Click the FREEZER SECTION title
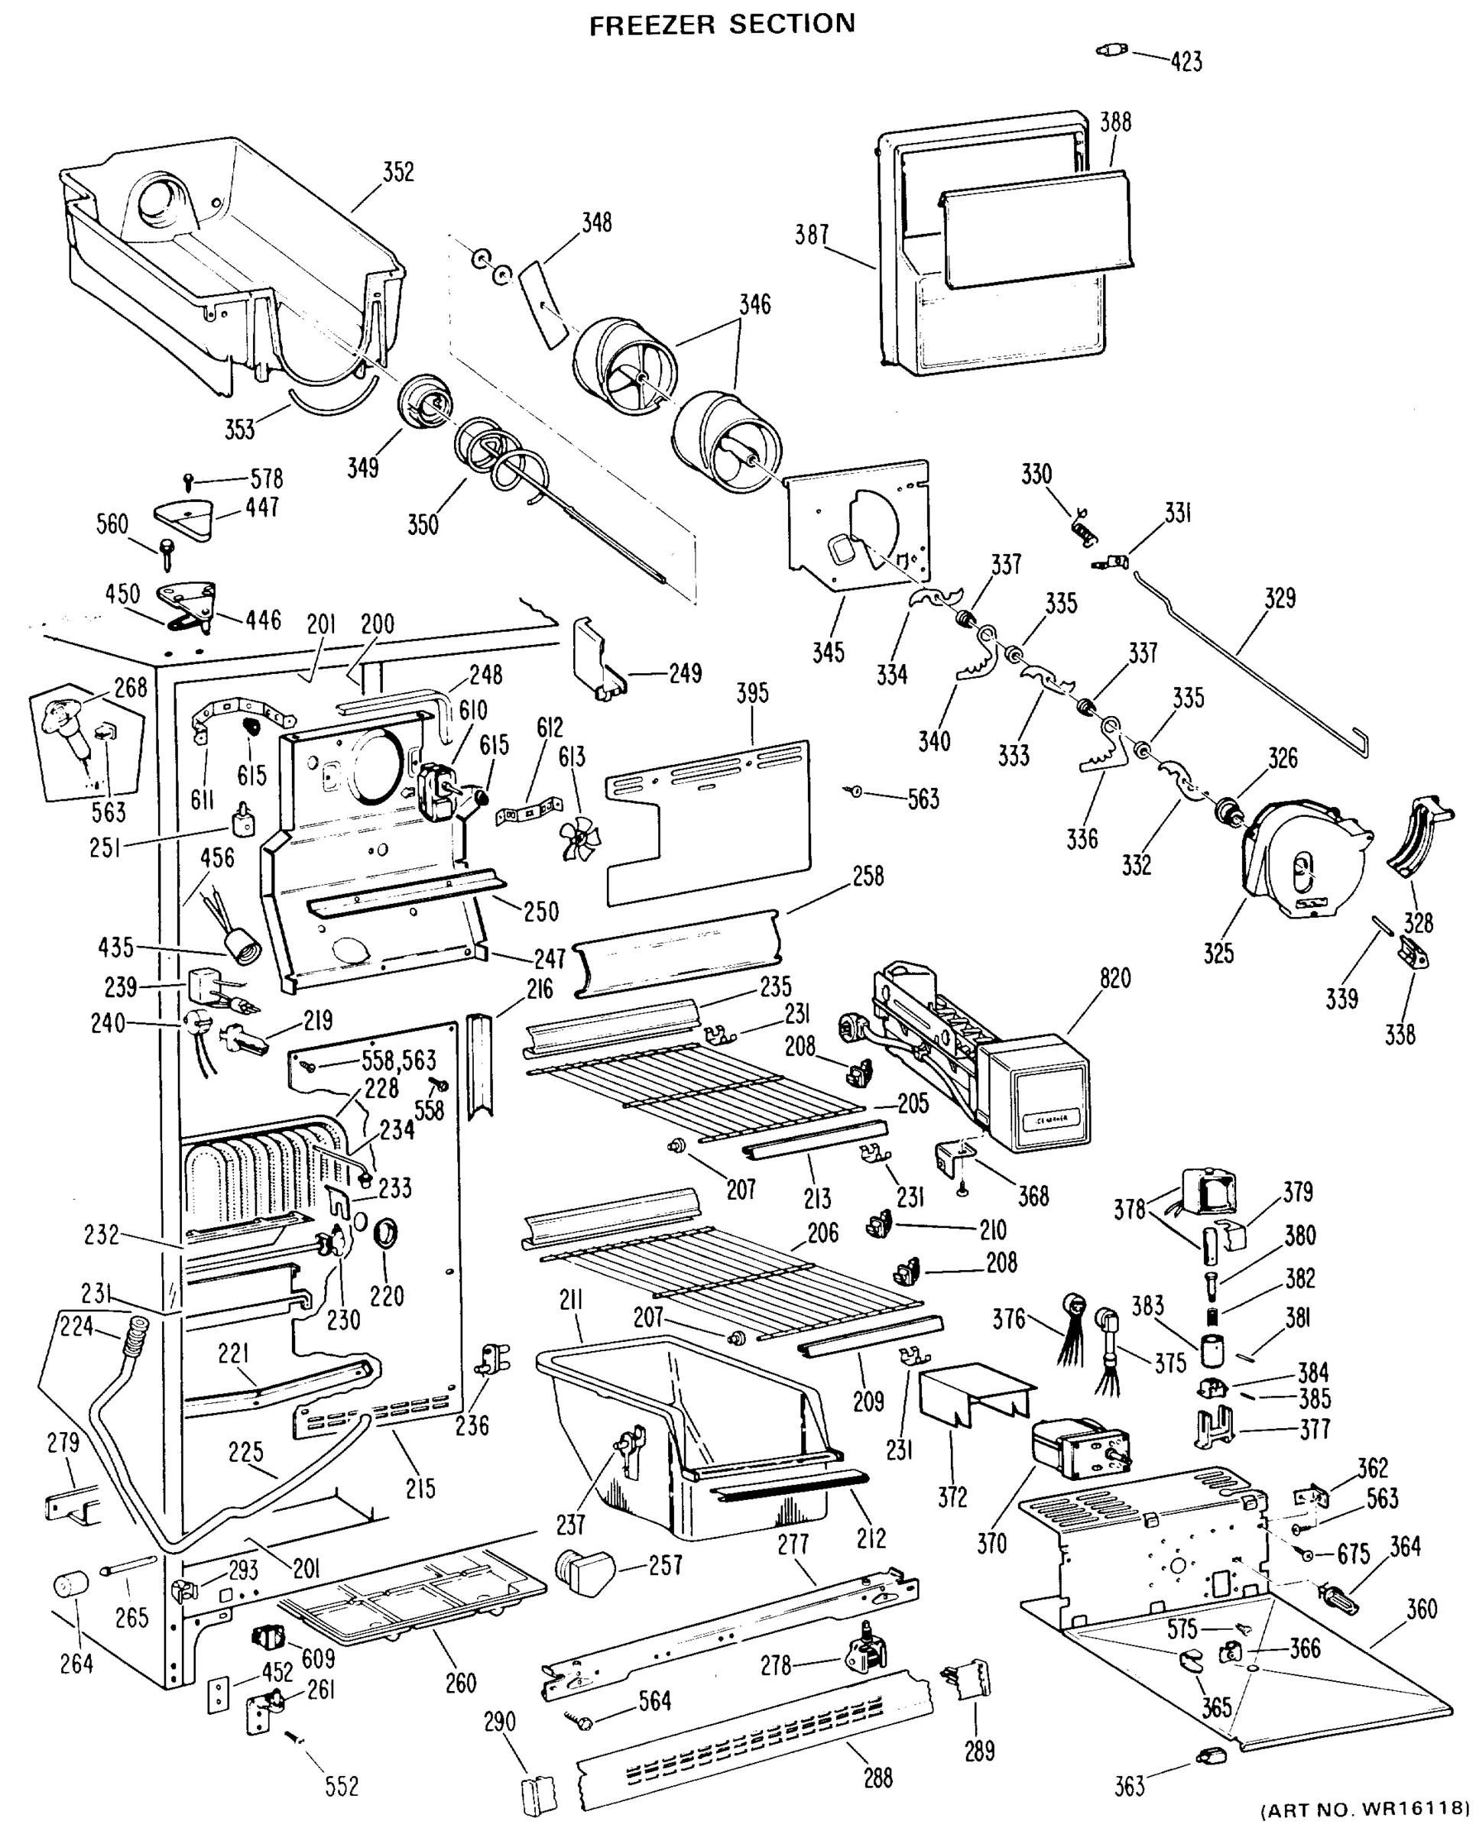click(722, 24)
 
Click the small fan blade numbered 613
click(579, 837)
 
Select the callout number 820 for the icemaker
click(1114, 978)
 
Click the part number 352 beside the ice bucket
click(397, 172)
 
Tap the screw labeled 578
click(189, 482)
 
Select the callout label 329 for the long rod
click(1280, 598)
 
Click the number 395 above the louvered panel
click(752, 693)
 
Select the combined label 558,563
click(398, 1060)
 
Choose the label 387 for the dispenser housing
click(812, 235)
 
